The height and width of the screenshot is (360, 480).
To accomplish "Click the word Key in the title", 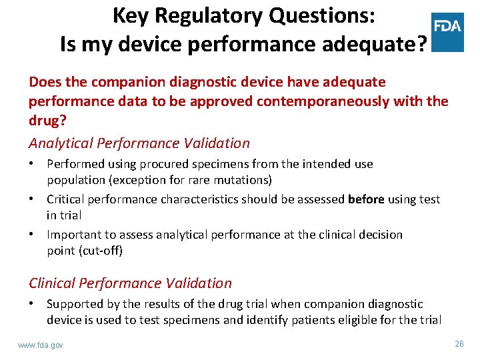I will coord(129,15).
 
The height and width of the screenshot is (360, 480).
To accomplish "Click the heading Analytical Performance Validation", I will coord(139,143).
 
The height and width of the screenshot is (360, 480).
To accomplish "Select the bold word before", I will coord(366,199).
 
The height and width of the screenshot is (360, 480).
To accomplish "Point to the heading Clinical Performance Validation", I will coord(130,283).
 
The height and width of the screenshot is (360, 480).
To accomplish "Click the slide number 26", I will coord(459,344).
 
